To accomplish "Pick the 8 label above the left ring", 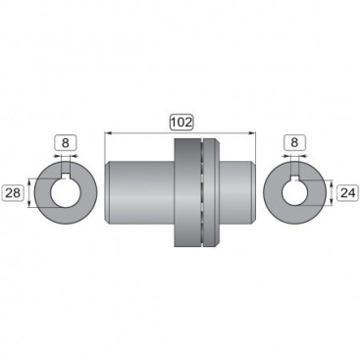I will [x=66, y=143].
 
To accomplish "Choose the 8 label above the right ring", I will [x=294, y=143].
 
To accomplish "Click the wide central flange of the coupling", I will [x=186, y=191].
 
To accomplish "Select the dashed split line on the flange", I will [x=201, y=191].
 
